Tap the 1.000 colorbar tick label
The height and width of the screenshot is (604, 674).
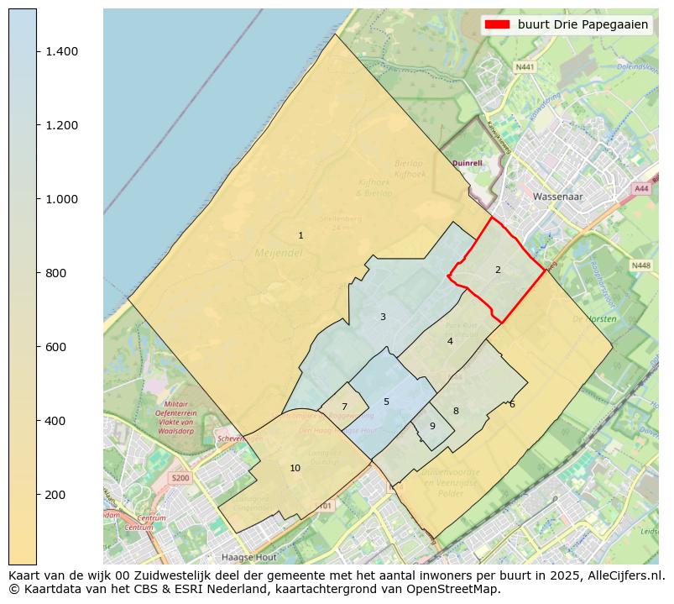[x=60, y=199]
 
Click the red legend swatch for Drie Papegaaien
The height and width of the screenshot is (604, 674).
[x=497, y=24]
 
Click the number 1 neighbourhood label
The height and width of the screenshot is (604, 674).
[x=300, y=235]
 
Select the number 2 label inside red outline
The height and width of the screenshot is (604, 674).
[x=498, y=270]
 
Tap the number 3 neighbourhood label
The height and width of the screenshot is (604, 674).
[x=383, y=317]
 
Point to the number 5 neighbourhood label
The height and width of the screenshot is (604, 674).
[x=386, y=402]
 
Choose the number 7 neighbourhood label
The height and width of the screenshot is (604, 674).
[x=344, y=407]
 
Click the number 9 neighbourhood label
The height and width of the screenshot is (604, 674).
[x=432, y=426]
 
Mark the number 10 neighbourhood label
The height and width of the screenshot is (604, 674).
[x=295, y=468]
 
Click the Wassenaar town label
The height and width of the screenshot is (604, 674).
[x=556, y=196]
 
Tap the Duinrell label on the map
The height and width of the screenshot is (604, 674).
[x=468, y=163]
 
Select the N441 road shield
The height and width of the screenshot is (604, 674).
[x=525, y=66]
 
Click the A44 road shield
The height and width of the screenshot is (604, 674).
[x=642, y=189]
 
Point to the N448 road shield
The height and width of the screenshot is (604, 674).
[x=640, y=265]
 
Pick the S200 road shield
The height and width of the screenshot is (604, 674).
[x=180, y=478]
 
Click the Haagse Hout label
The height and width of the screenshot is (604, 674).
[x=248, y=557]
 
